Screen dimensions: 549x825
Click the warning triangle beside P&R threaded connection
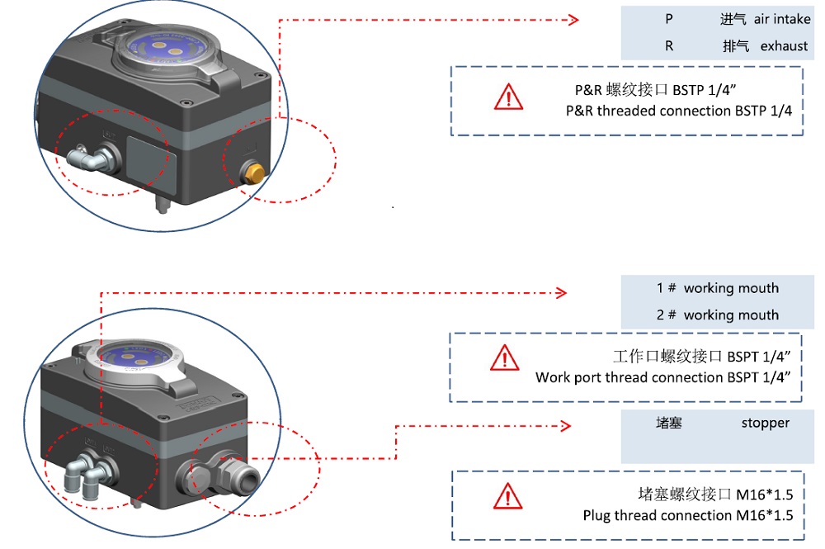508,97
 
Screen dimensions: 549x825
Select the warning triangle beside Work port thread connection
504,357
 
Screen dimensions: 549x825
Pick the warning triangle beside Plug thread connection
507,496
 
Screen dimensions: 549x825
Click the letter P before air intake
669,19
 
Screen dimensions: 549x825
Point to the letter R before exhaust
669,46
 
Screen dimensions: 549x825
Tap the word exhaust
784,46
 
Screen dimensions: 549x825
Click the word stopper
765,424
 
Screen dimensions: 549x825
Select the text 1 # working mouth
717,288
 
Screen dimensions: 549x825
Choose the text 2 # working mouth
717,315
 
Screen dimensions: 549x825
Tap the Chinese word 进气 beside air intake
733,19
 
